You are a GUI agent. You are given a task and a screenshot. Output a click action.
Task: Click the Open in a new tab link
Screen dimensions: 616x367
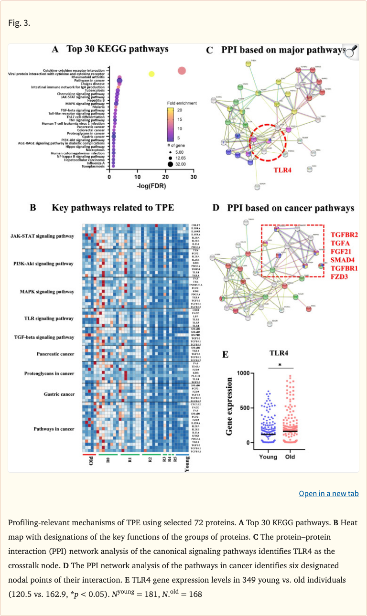(x=329, y=493)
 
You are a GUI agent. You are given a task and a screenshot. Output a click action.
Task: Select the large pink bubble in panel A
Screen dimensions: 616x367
(x=182, y=71)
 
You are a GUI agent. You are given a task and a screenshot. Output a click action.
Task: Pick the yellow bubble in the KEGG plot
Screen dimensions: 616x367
(x=151, y=74)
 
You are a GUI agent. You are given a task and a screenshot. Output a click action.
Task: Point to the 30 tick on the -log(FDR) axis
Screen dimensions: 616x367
(x=194, y=177)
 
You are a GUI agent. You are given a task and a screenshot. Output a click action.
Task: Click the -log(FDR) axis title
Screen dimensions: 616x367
(x=151, y=186)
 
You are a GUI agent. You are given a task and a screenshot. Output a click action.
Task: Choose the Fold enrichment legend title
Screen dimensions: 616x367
(x=182, y=103)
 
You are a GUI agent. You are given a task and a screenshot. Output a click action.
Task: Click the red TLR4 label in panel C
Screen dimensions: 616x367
(x=282, y=169)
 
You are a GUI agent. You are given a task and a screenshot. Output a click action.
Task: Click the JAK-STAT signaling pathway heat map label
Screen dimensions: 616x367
(x=43, y=236)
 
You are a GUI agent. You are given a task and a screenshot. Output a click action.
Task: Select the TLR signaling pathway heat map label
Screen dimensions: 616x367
(x=50, y=319)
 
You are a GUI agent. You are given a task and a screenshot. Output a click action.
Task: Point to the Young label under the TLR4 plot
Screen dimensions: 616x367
(x=268, y=457)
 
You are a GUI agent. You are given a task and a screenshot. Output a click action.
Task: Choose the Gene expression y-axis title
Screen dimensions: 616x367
(x=230, y=406)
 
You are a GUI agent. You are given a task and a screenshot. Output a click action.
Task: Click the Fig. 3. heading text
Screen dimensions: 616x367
(x=19, y=22)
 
